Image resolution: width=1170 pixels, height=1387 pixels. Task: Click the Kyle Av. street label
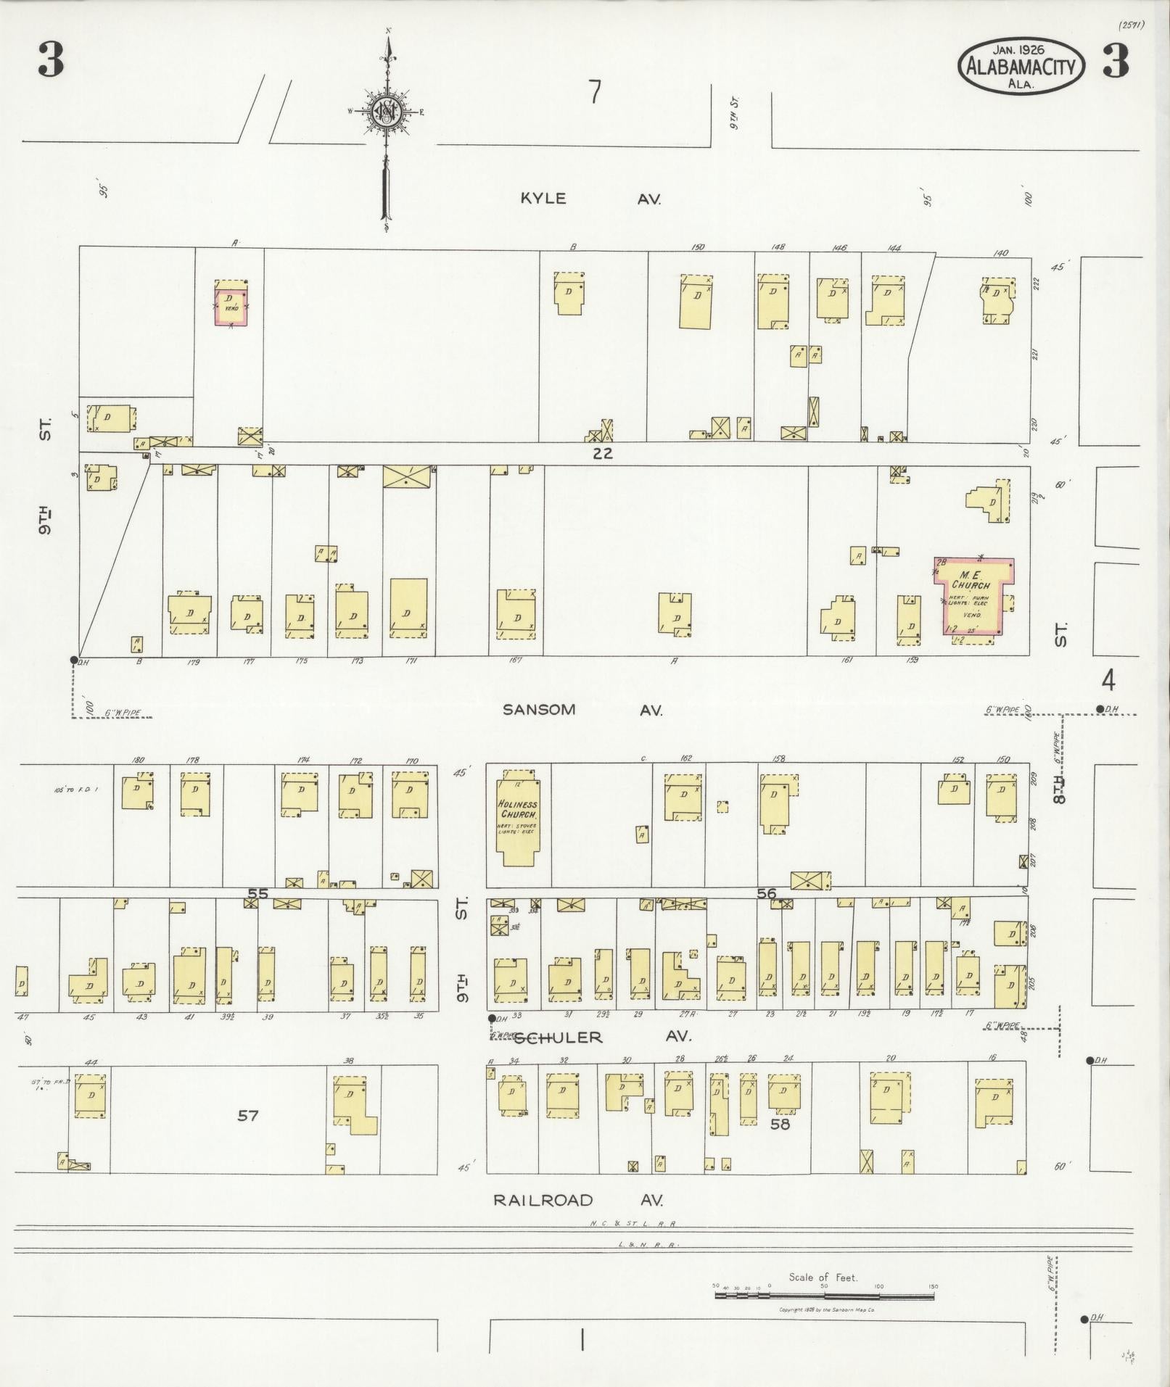pos(589,199)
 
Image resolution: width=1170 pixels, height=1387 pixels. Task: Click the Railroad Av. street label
pos(577,1200)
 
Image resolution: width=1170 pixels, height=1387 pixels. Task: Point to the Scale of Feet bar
pos(825,1295)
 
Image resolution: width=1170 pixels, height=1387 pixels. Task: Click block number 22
pos(602,453)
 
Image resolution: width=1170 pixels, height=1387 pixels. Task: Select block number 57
pos(248,1115)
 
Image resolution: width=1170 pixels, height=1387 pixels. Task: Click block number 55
pos(258,893)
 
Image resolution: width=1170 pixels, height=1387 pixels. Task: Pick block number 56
pos(766,893)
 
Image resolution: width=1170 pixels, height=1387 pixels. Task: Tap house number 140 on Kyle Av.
pos(1001,253)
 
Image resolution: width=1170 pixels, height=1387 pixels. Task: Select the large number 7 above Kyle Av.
pos(595,93)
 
